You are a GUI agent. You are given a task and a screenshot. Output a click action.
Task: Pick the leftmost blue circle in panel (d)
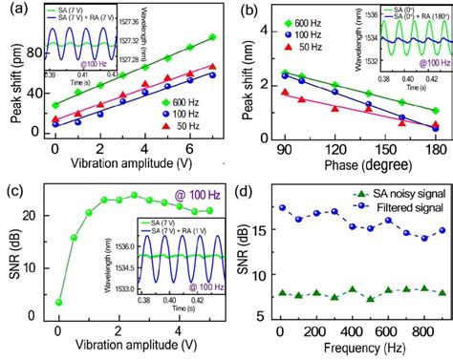(x=280, y=207)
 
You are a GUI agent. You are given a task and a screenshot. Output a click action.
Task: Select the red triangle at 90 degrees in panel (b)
(x=284, y=93)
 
